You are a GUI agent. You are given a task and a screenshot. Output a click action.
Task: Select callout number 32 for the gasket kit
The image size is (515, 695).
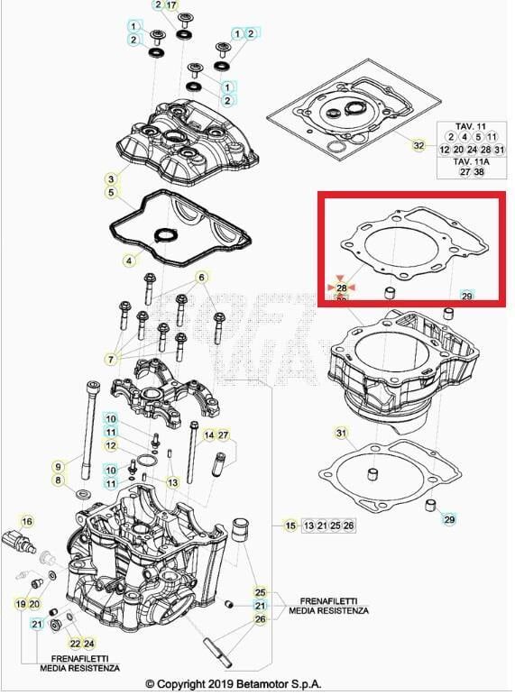418,144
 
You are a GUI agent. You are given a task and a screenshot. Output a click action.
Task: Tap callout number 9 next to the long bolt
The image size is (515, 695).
59,466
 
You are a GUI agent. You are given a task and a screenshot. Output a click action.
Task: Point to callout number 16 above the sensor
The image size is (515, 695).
27,521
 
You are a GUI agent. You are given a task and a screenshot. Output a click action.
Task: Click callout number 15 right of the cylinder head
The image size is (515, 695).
290,525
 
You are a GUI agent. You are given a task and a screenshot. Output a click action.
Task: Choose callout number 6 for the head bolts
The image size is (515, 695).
202,276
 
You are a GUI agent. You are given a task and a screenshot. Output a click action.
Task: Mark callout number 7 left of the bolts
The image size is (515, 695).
110,359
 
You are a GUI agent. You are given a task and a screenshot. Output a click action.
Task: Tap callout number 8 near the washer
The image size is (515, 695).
59,481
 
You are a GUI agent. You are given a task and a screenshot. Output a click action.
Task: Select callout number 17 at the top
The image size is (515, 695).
172,5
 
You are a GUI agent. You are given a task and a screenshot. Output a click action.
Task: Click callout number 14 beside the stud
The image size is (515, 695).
208,435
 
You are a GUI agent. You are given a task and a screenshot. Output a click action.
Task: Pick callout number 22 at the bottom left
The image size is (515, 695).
75,643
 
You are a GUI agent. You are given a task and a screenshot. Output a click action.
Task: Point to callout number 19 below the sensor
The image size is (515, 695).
20,603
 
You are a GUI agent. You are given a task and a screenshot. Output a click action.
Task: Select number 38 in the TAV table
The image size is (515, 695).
478,171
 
